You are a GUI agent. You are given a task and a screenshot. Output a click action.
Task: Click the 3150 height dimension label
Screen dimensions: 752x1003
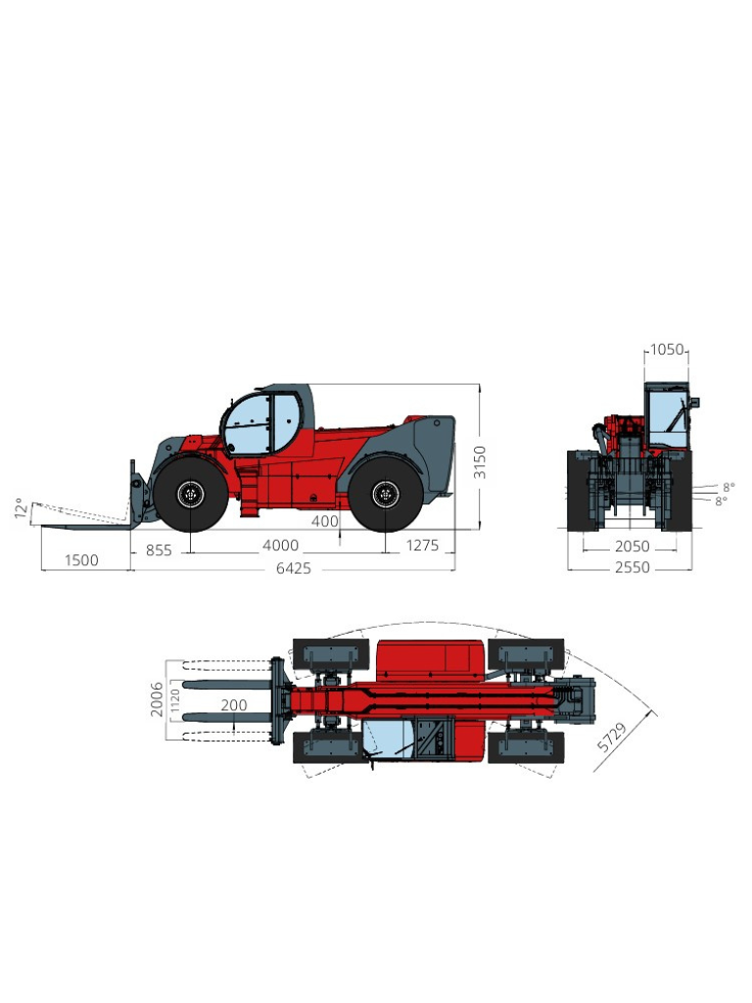(x=480, y=462)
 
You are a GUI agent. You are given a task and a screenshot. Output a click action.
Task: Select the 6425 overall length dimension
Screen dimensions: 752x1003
(x=294, y=568)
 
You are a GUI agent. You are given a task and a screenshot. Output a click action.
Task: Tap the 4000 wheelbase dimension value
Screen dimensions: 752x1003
(x=281, y=546)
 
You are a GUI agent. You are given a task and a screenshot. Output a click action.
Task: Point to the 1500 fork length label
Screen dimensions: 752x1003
(x=82, y=560)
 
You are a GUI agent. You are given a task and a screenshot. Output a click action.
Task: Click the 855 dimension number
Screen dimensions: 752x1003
(x=159, y=550)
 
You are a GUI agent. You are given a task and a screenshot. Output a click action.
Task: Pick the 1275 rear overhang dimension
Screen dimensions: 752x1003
(x=423, y=546)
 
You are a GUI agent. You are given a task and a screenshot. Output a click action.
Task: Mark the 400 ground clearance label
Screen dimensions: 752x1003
(x=325, y=521)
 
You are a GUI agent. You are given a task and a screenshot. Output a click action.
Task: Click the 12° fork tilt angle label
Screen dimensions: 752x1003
(x=22, y=508)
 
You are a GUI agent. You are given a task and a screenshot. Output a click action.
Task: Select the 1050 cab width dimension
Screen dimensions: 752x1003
(x=667, y=350)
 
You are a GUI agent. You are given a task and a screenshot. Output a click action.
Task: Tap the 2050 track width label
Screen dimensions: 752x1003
(x=632, y=547)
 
